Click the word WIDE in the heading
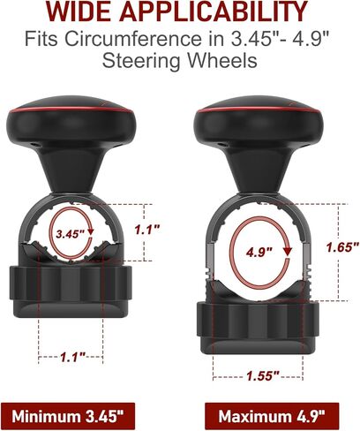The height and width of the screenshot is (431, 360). (79, 11)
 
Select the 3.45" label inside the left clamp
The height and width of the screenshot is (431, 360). (71, 234)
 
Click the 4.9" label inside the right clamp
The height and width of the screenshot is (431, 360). (259, 252)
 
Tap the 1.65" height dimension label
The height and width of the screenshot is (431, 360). (343, 246)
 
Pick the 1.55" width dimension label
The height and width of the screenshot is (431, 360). (262, 376)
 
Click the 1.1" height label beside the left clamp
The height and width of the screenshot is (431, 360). (147, 230)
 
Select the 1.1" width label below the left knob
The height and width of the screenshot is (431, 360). (72, 357)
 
